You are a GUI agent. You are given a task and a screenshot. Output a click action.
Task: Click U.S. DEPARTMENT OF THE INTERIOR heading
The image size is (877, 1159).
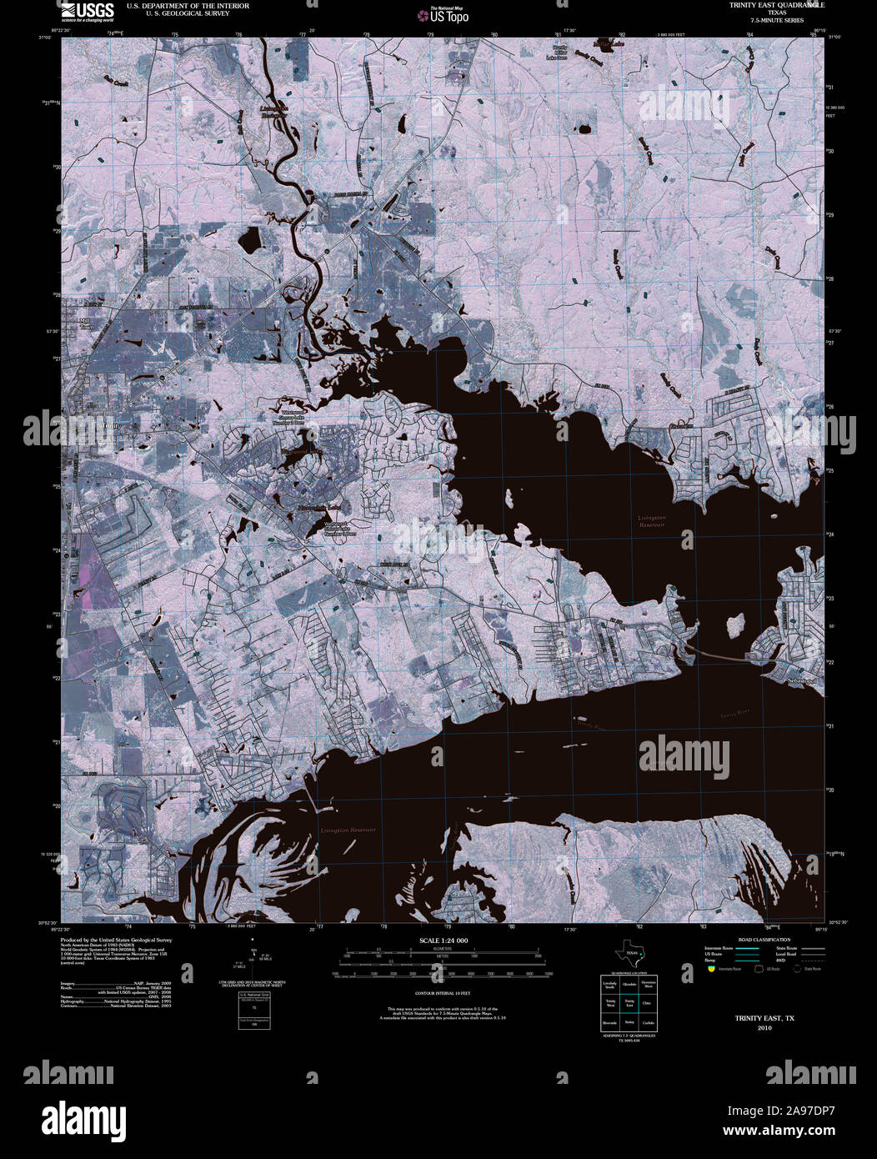[x=188, y=6]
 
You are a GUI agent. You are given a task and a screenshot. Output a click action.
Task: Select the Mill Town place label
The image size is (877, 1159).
[x=85, y=324]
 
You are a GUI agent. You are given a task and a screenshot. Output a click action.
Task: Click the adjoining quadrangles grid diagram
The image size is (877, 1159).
[x=629, y=1003]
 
